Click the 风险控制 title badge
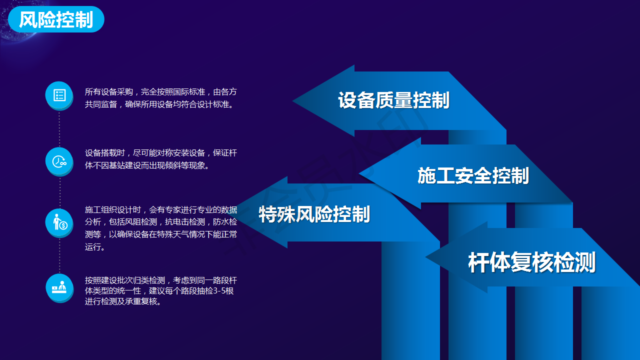click(56, 19)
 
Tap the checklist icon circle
click(59, 95)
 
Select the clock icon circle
click(59, 161)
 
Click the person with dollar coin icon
click(59, 223)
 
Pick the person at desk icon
click(59, 288)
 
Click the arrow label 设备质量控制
click(393, 100)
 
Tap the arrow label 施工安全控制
click(473, 175)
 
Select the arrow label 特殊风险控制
click(314, 214)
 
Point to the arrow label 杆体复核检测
click(531, 262)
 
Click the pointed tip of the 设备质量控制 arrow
click(293, 100)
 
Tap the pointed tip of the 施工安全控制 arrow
click(359, 173)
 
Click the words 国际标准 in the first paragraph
click(189, 91)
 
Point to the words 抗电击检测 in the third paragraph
click(185, 221)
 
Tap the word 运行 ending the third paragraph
click(93, 247)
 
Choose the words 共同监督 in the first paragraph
click(101, 104)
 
